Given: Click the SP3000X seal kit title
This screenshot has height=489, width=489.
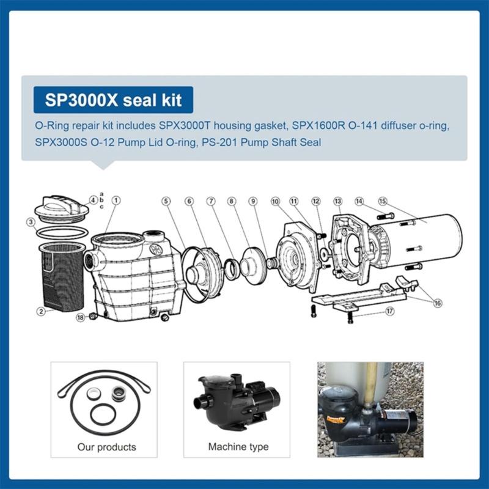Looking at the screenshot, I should click(x=112, y=99).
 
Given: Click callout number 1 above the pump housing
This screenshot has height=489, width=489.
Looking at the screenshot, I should click(x=116, y=200).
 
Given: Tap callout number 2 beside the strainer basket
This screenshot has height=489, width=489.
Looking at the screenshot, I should click(x=41, y=311).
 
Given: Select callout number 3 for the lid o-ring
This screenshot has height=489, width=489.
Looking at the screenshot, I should click(x=30, y=222).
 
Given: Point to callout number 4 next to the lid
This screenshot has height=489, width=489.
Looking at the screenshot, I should click(x=93, y=199).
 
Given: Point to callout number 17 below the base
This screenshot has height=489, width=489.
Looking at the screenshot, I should click(x=389, y=311).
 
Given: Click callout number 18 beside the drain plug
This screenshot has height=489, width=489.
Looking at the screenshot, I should click(x=80, y=317).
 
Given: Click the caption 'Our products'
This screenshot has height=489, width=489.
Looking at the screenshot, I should click(x=106, y=447).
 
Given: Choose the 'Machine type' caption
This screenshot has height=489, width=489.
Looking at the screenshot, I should click(x=238, y=447).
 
